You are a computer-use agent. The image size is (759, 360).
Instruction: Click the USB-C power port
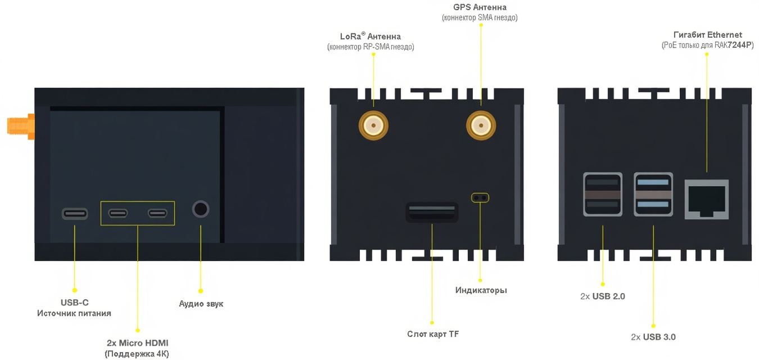click(75, 213)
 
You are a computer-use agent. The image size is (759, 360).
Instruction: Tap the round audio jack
click(201, 209)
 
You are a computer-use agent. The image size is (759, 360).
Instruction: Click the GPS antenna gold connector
click(481, 125)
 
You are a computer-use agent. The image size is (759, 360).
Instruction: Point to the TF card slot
click(432, 212)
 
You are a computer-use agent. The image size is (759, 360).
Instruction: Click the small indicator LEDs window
click(480, 197)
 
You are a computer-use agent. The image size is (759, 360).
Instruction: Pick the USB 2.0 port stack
click(603, 194)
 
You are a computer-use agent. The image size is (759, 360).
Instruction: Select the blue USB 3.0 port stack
click(653, 194)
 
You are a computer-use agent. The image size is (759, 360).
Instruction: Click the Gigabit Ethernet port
click(706, 199)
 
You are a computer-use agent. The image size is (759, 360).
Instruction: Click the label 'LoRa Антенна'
click(371, 37)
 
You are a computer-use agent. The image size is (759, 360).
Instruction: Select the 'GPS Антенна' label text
click(480, 7)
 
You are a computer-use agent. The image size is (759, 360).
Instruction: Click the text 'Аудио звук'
click(201, 304)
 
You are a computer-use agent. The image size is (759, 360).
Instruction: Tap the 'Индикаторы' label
click(481, 290)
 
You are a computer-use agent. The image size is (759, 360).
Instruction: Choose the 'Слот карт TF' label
click(433, 334)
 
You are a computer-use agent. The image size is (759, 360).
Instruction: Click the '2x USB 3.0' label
click(653, 337)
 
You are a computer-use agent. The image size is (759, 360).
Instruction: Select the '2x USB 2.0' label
click(603, 296)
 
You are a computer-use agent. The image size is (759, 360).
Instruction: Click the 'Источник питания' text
click(74, 313)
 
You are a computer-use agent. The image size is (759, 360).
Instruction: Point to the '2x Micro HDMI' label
click(137, 343)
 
